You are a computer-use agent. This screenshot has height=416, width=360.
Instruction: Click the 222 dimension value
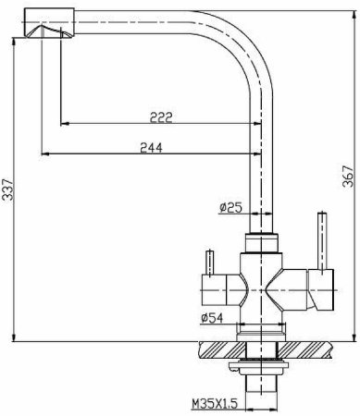pyautogui.click(x=161, y=117)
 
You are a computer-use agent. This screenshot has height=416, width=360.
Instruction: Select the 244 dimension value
pyautogui.click(x=151, y=148)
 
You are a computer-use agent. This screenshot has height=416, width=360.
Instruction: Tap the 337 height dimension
pyautogui.click(x=7, y=190)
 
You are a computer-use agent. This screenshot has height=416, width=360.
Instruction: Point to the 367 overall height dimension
pyautogui.click(x=348, y=176)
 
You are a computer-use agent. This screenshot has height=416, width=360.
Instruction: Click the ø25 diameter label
pyautogui.click(x=230, y=208)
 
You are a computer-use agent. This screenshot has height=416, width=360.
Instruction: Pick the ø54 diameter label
pyautogui.click(x=212, y=318)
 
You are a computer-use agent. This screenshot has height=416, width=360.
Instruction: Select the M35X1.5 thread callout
pyautogui.click(x=215, y=404)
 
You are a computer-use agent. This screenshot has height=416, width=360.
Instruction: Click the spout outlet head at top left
pyautogui.click(x=49, y=23)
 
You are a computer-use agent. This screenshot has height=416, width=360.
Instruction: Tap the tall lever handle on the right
pyautogui.click(x=322, y=242)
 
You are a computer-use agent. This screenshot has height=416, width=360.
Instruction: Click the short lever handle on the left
pyautogui.click(x=210, y=263)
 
